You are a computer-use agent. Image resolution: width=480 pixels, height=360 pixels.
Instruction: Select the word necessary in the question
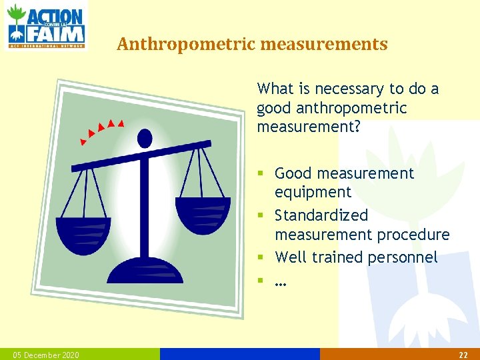pos(350,89)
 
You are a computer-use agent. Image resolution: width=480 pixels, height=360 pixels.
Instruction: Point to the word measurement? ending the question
pos(309,127)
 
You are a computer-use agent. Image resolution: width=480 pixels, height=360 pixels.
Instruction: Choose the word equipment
pos(313,192)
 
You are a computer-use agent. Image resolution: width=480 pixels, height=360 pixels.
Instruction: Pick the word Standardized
pos(321,215)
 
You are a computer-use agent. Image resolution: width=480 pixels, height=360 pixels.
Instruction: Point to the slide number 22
pos(463,355)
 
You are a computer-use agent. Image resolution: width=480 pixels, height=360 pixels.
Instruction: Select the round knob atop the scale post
pos(144,138)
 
